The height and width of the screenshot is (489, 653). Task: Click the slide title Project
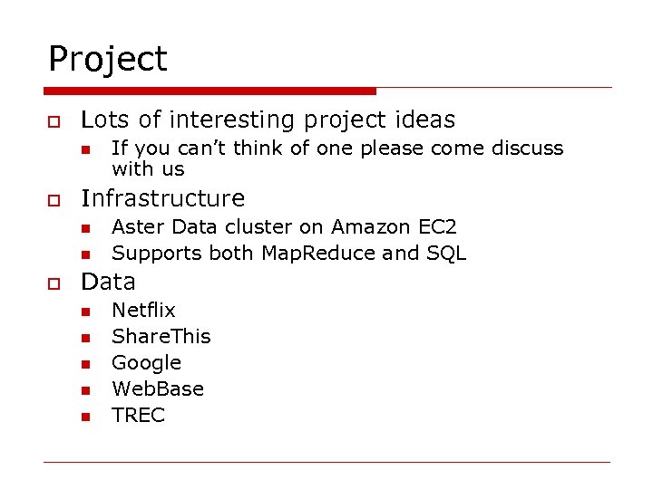click(108, 60)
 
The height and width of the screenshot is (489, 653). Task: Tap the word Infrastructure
click(163, 198)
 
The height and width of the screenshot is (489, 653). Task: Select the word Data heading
click(108, 282)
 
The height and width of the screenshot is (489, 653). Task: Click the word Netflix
click(143, 311)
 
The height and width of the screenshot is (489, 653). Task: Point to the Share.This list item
click(161, 337)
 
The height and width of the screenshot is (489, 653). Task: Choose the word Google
click(146, 363)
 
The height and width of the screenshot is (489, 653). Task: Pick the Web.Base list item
click(158, 389)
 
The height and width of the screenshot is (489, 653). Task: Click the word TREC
click(138, 416)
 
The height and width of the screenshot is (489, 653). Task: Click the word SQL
click(445, 253)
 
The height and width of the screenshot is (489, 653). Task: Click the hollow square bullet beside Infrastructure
click(54, 200)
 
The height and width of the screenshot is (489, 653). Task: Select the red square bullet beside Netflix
click(84, 312)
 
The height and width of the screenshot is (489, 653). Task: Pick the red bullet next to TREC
click(84, 417)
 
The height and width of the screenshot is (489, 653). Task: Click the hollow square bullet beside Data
click(54, 283)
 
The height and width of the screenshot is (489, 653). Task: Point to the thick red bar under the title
click(210, 91)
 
